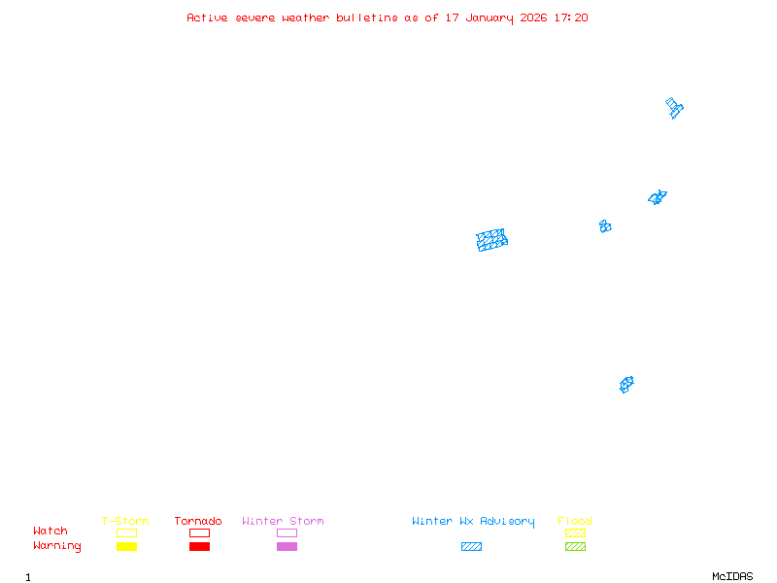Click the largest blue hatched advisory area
(492, 240)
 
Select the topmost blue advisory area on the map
(674, 107)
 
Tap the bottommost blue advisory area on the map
(626, 385)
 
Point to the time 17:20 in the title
(571, 17)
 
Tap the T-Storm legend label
(125, 521)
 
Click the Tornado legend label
(198, 521)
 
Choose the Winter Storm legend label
(283, 521)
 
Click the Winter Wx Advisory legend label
(473, 521)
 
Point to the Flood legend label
(575, 521)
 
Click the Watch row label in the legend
(51, 532)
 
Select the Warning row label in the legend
(57, 546)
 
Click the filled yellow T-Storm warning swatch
(126, 547)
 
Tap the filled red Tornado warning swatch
(199, 547)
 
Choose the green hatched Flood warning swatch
(575, 547)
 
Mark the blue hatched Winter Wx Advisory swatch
(471, 547)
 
